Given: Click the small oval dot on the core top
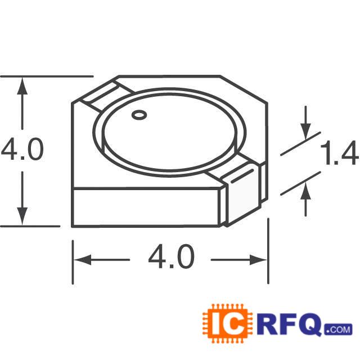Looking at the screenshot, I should pos(138,116).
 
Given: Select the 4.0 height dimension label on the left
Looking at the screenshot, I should pos(22,151).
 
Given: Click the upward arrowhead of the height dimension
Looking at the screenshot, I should pos(22,85).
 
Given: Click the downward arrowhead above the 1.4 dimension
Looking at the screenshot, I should pos(305,131).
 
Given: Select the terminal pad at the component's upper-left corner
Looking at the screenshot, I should pos(105,95).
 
